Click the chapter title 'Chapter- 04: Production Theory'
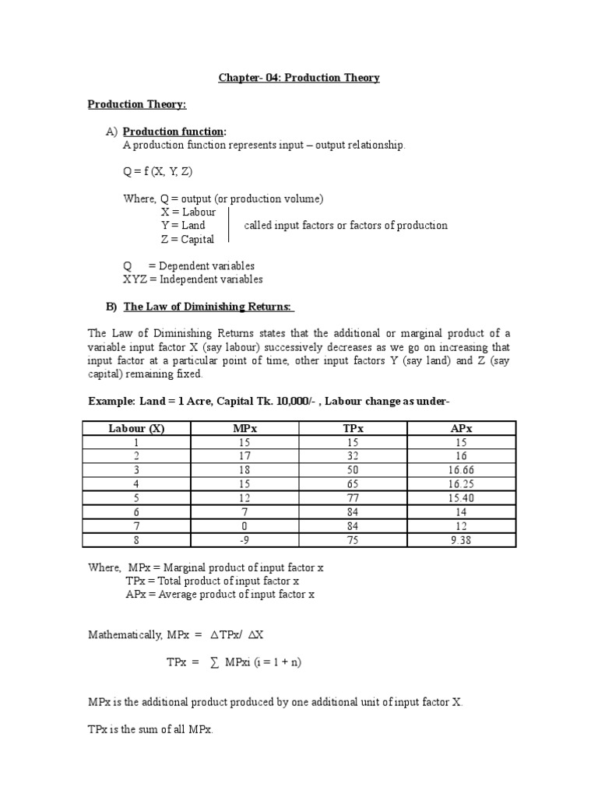pos(298,78)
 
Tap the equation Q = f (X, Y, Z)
pos(157,172)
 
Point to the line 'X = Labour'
pos(188,212)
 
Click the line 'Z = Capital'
pos(188,239)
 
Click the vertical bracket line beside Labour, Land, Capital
pos(227,226)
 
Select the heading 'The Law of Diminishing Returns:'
pos(198,306)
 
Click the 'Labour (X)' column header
pos(136,428)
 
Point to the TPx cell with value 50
pos(353,471)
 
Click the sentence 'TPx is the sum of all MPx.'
pos(150,730)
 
